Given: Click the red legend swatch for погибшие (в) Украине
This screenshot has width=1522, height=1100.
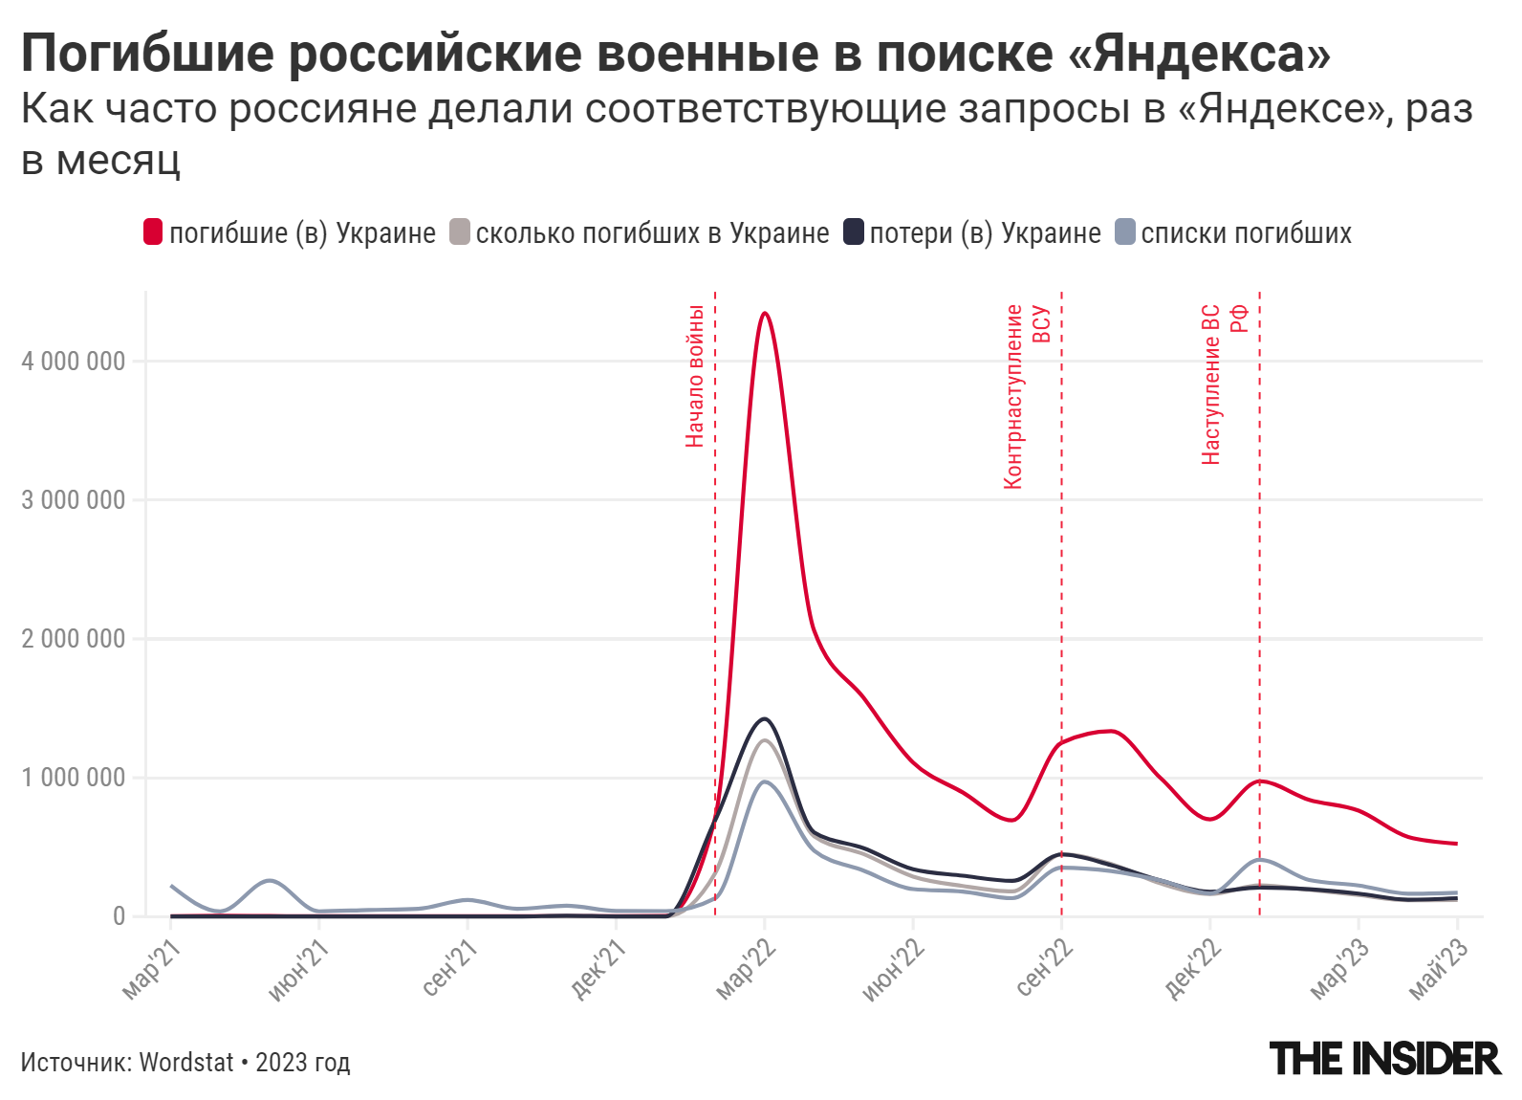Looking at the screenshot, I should (153, 232).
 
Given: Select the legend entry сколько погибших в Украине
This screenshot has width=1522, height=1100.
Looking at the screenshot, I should (652, 233).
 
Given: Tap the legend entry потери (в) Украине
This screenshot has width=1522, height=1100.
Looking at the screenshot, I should (985, 233).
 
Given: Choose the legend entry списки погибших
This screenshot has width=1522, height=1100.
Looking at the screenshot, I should (1246, 233).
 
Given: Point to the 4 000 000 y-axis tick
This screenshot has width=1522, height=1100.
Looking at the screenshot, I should (74, 362).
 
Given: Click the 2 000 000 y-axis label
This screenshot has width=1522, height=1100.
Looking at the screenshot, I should (74, 639).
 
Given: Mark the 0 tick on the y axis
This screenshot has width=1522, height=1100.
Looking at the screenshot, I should (119, 916).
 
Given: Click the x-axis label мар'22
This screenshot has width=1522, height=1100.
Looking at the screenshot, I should (746, 968).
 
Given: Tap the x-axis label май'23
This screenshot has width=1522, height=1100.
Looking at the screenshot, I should (1438, 968).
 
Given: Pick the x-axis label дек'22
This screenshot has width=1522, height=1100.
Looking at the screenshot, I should (1192, 968).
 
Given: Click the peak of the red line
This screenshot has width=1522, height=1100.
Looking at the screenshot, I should (765, 313).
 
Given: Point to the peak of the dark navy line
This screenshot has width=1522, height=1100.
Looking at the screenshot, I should (764, 718).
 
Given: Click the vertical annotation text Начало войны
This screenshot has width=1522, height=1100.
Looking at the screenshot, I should (695, 375).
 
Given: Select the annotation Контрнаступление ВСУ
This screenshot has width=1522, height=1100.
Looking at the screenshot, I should (1026, 396).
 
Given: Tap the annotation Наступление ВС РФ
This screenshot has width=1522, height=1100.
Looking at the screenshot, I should (1223, 385).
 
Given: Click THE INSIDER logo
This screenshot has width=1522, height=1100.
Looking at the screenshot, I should (1384, 1059).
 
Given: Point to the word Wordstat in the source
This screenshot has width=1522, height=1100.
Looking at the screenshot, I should (186, 1062).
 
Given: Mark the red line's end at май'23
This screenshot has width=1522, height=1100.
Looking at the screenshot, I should (1456, 844).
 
